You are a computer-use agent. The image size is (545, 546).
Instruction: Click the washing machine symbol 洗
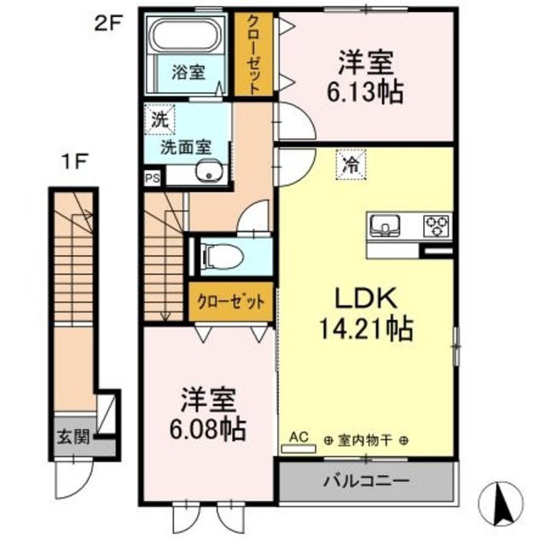(x=159, y=119)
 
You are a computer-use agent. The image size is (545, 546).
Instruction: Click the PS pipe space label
(x=152, y=179)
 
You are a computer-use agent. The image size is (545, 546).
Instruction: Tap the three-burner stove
(x=438, y=226)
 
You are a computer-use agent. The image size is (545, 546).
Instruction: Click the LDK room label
(x=362, y=299)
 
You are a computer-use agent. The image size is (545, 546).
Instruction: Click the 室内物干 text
(x=365, y=441)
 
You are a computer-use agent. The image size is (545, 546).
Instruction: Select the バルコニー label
(x=365, y=481)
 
